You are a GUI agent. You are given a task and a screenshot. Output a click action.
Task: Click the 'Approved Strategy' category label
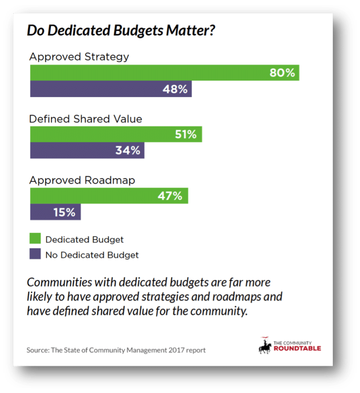pos(79,57)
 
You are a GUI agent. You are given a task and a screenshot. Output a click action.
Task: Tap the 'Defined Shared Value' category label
pos(85,119)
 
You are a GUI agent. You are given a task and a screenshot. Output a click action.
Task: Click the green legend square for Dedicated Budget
pos(35,239)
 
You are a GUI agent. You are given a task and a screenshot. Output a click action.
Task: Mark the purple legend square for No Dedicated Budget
pos(35,255)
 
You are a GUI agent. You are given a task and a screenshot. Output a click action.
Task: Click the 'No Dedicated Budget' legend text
pos(92,255)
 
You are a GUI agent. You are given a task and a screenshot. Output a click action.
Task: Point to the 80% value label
pos(282,73)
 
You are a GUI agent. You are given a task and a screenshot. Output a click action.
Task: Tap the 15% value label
pos(64,212)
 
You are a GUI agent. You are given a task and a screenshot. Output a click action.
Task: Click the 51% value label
pos(185,134)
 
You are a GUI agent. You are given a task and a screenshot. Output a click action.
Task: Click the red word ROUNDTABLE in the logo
pos(297,348)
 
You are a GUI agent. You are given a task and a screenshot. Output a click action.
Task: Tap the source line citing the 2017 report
pos(116,350)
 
